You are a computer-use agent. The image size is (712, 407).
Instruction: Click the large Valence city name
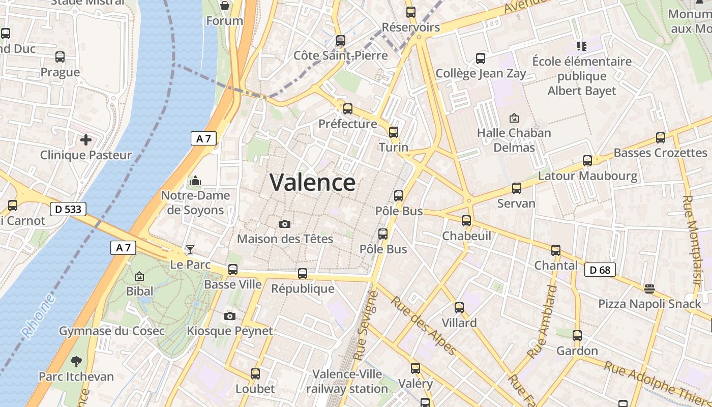[x=312, y=182]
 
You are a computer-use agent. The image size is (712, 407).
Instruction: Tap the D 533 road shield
[x=68, y=209]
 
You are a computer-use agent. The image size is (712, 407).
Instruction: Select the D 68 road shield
[x=600, y=270]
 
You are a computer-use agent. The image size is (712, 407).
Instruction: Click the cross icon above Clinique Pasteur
[x=85, y=139]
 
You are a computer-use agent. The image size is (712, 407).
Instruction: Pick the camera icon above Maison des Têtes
[x=285, y=224]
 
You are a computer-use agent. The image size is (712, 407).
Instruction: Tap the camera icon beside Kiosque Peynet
[x=230, y=316]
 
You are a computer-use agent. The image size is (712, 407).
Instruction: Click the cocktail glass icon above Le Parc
[x=190, y=249]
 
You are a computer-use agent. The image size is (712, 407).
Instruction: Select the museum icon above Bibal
[x=139, y=276]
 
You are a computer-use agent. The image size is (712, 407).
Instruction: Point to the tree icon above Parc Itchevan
[x=76, y=362]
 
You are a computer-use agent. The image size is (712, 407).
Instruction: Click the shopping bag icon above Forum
[x=225, y=6]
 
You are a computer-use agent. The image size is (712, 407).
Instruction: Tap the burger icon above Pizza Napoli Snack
[x=649, y=289]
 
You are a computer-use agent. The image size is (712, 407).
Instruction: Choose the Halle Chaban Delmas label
[x=514, y=140]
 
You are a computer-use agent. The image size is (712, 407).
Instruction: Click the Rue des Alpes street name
[x=423, y=326]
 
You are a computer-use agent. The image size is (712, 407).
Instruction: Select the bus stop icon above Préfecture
[x=348, y=108]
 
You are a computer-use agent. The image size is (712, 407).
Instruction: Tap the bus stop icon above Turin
[x=394, y=132]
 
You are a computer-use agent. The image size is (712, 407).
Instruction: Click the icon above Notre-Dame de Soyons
[x=195, y=181]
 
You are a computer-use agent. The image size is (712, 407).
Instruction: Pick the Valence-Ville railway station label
[x=347, y=382]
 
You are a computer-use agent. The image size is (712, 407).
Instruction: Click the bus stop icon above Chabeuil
[x=466, y=221]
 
